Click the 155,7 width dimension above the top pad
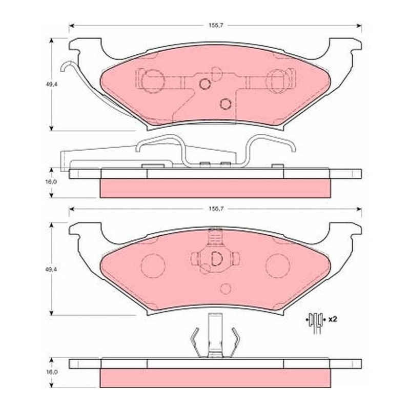coord(214,26)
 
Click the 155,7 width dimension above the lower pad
coord(214,209)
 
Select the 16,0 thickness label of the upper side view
coord(50,182)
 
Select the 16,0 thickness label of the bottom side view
coord(50,372)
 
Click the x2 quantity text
coord(333,319)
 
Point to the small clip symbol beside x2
coord(316,323)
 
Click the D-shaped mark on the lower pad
coord(216,259)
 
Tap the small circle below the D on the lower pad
coord(225,289)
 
